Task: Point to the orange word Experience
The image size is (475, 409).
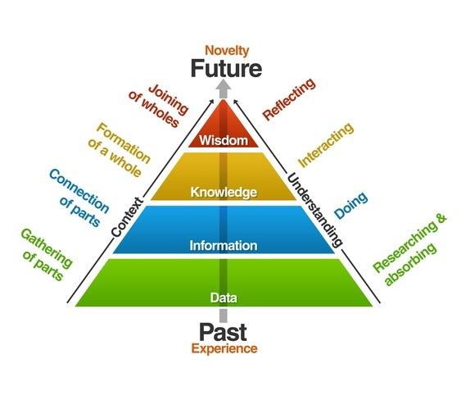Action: coord(224,349)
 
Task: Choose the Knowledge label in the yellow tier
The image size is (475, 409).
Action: coord(224,193)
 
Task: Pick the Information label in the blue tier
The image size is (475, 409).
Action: coord(224,245)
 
